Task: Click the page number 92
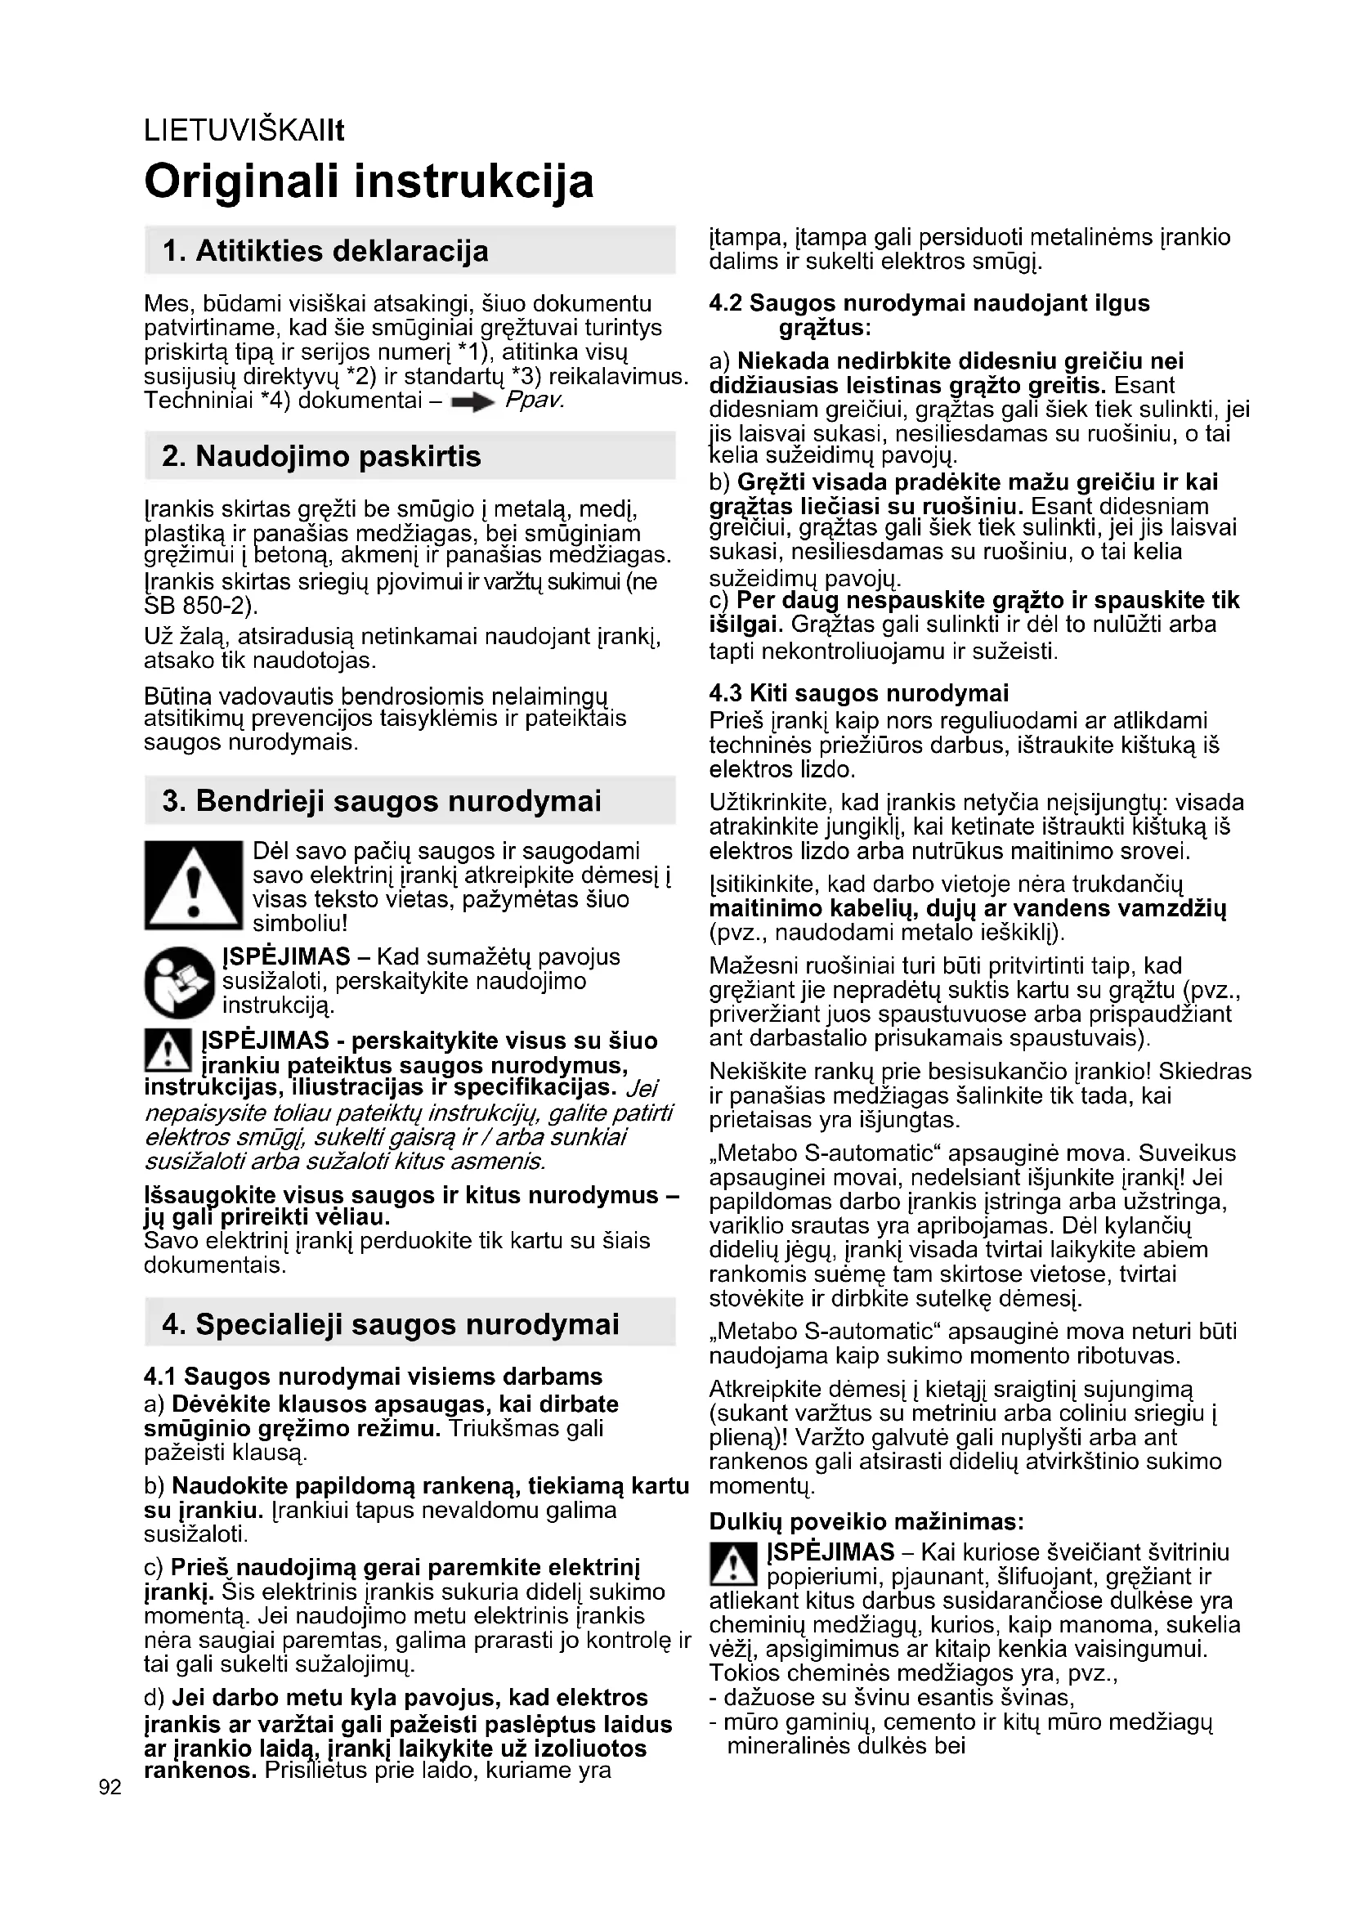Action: [x=110, y=1787]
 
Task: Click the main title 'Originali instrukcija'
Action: [x=369, y=181]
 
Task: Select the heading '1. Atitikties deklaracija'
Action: [x=325, y=251]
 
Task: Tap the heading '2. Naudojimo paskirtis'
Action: [x=321, y=456]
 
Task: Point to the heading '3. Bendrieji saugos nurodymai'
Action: [x=381, y=801]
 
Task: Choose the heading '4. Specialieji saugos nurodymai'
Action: [x=391, y=1324]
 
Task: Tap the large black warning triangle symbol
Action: [x=192, y=885]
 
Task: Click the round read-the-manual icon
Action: [x=179, y=983]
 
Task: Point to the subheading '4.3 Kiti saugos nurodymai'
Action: [x=858, y=694]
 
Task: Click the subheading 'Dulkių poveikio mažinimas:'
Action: [x=866, y=1523]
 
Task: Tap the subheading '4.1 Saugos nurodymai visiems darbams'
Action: [x=373, y=1377]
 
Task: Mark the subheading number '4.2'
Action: [x=726, y=303]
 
